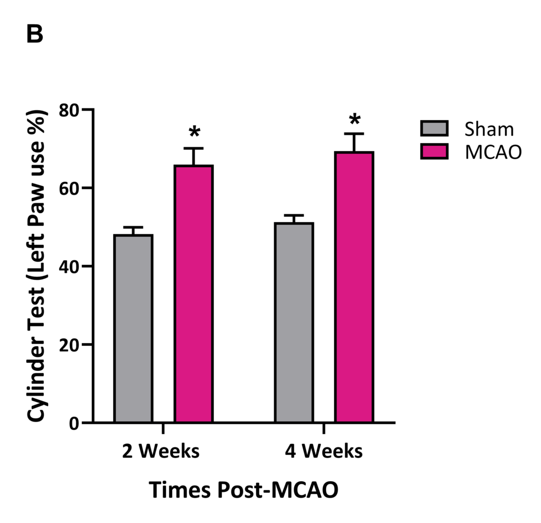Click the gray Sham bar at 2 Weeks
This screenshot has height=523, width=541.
133,328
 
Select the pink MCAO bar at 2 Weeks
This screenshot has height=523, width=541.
193,294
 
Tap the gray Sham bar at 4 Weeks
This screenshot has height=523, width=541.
294,323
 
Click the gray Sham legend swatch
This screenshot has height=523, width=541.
434,129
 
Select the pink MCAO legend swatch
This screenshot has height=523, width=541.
434,152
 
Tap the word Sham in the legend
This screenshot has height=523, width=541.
489,129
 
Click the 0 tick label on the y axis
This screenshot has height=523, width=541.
76,423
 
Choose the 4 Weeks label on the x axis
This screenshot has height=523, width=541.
324,452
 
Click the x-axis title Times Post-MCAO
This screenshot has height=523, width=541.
243,490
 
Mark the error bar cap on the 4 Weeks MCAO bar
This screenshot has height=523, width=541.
355,134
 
